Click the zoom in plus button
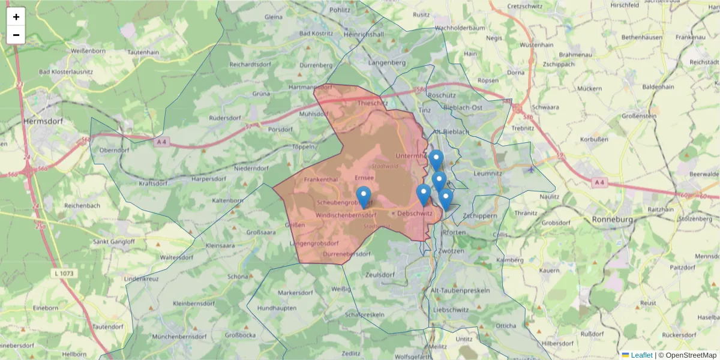(16, 17)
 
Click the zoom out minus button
(16, 35)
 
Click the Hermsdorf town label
(43, 121)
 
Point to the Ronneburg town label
(613, 219)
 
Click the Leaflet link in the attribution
(641, 355)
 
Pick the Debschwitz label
(415, 213)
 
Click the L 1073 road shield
(64, 274)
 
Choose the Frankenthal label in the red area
(322, 179)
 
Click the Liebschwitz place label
(450, 310)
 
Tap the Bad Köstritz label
(316, 34)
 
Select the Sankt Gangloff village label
(113, 242)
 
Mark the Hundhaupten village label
(276, 308)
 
